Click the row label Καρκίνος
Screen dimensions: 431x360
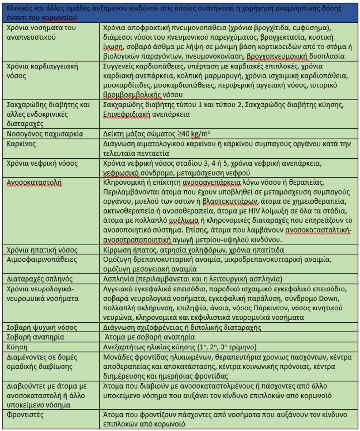tap(21, 144)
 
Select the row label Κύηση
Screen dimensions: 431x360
tap(17, 347)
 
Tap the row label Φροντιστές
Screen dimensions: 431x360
tap(25, 415)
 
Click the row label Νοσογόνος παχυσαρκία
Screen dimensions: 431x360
tap(45, 134)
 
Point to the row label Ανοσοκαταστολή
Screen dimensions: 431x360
tap(34, 182)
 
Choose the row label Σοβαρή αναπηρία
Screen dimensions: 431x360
tap(35, 337)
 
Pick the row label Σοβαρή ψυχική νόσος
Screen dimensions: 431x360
tap(42, 328)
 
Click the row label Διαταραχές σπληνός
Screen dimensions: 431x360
tap(40, 279)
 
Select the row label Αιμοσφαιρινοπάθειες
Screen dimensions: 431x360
tap(42, 260)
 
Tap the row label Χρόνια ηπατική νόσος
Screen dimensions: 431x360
tap(42, 250)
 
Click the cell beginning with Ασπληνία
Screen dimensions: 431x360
tap(192, 279)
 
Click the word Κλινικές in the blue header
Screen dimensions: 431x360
tap(19, 8)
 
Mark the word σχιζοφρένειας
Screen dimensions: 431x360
tap(157, 328)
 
